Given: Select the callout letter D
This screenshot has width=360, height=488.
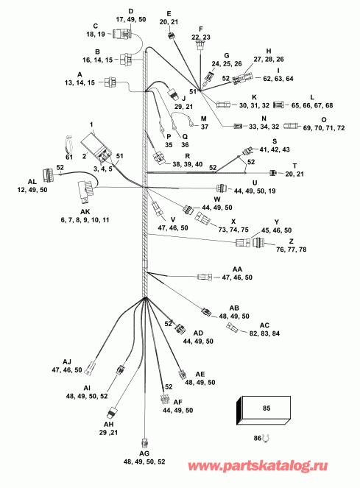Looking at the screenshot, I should (131, 11).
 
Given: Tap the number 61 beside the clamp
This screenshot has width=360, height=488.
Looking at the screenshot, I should (69, 156).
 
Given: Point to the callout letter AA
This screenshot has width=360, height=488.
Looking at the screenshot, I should (237, 270).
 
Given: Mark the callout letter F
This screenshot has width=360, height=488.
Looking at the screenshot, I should (200, 28).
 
